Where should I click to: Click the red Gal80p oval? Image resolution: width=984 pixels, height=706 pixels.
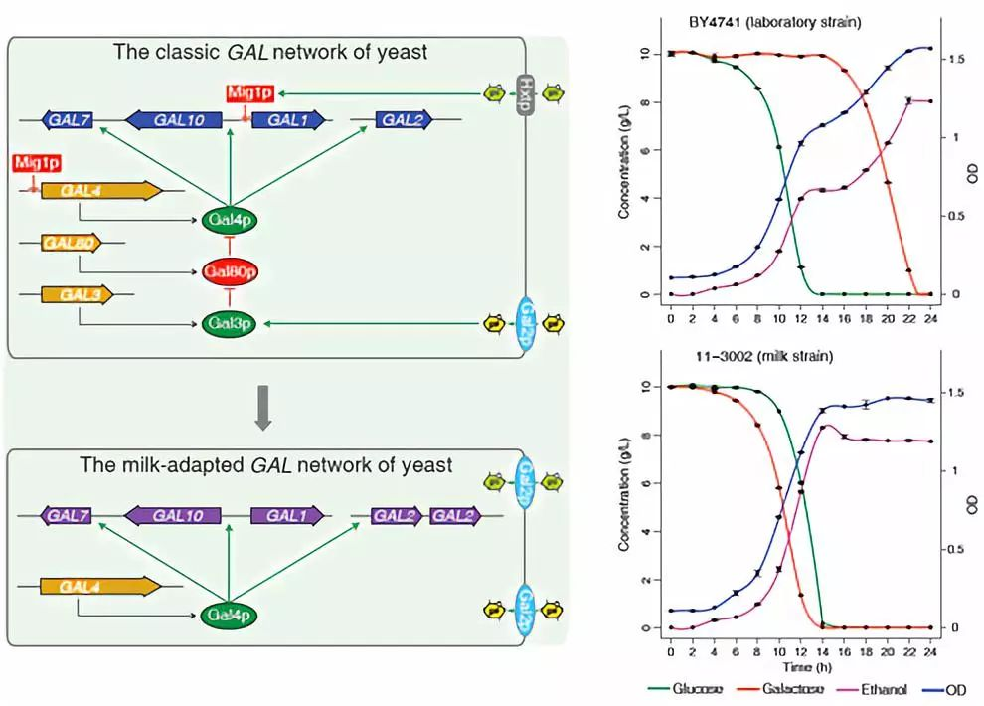coord(230,270)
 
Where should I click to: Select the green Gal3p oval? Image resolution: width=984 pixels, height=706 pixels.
coord(230,322)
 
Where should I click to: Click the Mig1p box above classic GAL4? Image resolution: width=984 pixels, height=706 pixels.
coord(35,161)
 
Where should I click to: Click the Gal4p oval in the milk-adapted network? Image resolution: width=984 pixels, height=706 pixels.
coord(230,616)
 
